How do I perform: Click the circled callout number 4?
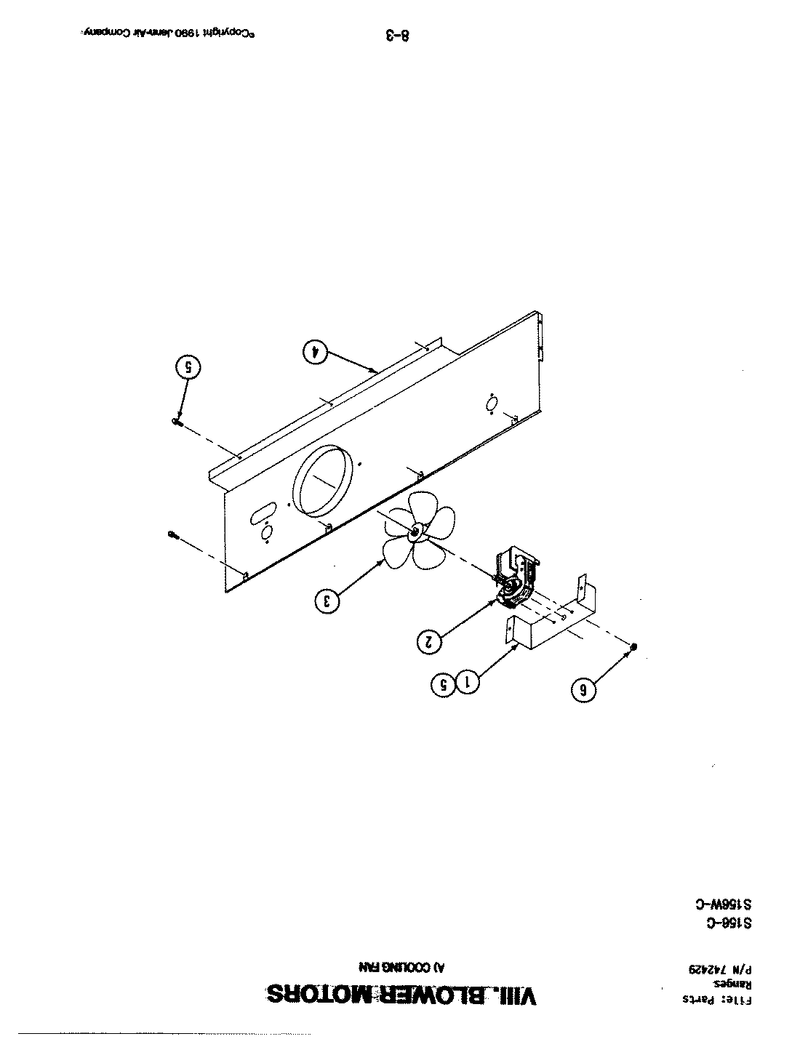pyautogui.click(x=315, y=351)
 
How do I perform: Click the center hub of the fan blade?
pyautogui.click(x=415, y=532)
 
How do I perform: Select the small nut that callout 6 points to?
pyautogui.click(x=635, y=646)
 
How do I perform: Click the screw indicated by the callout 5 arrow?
pyautogui.click(x=177, y=421)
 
